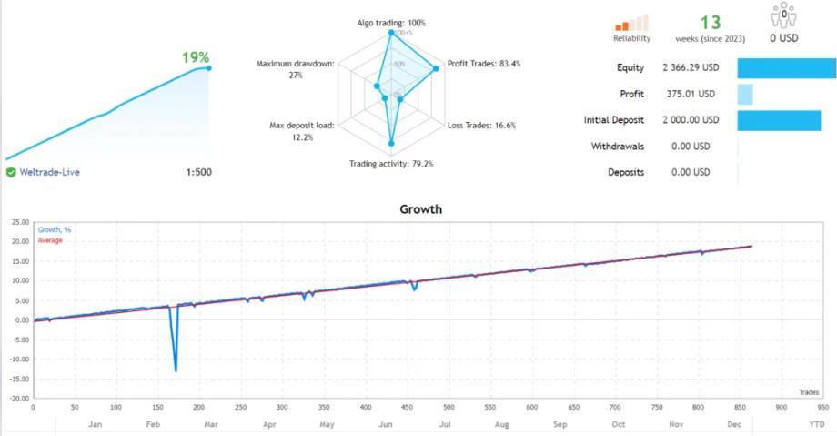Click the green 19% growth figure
coord(196,57)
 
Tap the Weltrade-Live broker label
coord(49,171)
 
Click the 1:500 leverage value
coord(198,171)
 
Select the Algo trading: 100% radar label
coord(391,23)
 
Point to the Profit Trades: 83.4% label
coord(484,64)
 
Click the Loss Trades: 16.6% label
coord(482,125)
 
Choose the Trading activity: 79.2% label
coord(391,164)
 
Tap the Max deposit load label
coord(302,125)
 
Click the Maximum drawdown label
coord(296,64)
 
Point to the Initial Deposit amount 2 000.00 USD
coord(688,120)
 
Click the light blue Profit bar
coord(744,94)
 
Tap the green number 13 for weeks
coord(710,23)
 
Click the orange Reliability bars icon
coord(631,23)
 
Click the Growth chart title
coord(421,208)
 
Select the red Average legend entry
coord(51,241)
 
